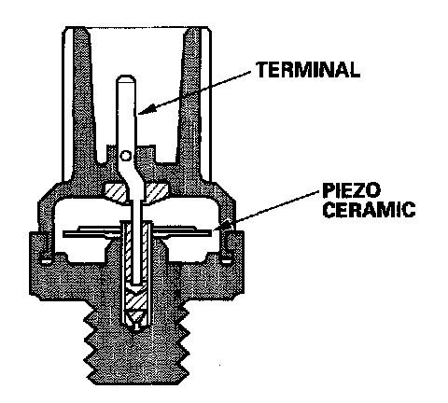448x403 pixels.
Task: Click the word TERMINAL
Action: click(x=308, y=70)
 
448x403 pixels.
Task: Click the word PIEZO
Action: click(x=351, y=190)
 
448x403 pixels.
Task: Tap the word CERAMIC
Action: click(x=369, y=210)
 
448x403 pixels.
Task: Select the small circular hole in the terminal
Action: click(x=125, y=156)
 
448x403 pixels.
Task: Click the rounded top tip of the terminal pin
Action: click(x=126, y=77)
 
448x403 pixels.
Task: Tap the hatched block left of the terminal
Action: click(x=114, y=192)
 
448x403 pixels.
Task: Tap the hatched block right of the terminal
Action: click(x=156, y=192)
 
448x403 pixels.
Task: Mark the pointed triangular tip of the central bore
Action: click(x=135, y=329)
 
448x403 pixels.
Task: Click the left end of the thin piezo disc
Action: click(x=63, y=233)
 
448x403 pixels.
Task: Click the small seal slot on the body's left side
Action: click(x=46, y=258)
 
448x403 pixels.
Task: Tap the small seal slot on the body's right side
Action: click(x=227, y=258)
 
